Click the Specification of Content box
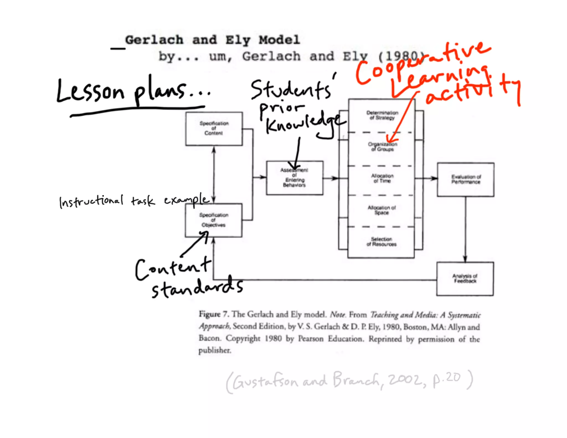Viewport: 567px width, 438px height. click(214, 129)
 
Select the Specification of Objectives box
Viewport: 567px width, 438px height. click(213, 220)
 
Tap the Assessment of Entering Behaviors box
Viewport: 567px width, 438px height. click(294, 178)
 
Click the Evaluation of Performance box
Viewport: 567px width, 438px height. click(466, 179)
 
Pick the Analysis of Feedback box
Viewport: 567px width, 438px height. click(465, 279)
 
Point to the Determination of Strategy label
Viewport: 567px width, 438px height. click(382, 115)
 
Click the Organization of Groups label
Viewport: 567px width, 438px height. click(382, 147)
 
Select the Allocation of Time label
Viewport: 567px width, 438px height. click(382, 178)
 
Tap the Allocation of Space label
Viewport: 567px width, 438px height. click(382, 210)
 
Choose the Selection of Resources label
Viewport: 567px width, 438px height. click(382, 241)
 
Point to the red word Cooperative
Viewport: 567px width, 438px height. click(421, 64)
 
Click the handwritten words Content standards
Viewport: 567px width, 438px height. click(188, 278)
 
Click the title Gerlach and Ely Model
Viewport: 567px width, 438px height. click(212, 40)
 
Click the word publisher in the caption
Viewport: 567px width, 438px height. click(215, 350)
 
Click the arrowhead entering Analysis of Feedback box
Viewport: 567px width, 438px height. click(465, 260)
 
